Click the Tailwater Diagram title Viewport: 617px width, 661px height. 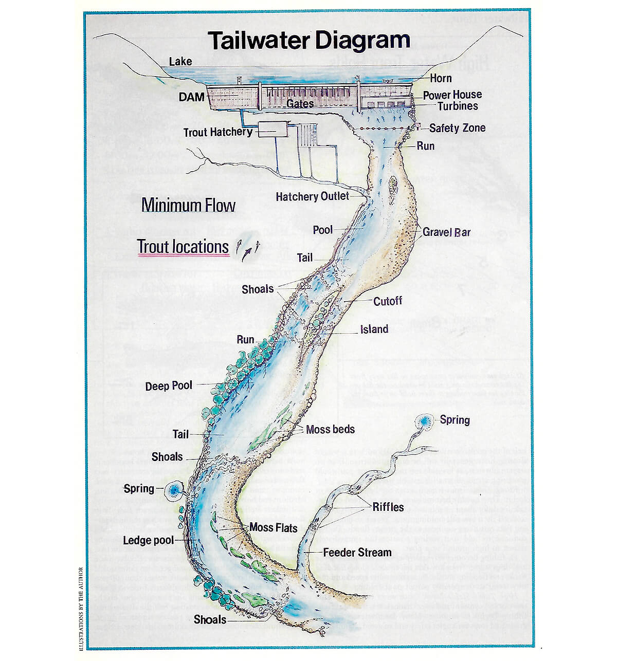[x=308, y=40]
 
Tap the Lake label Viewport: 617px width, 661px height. [x=180, y=62]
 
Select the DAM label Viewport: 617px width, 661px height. [x=192, y=97]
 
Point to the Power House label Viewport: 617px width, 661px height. [x=452, y=95]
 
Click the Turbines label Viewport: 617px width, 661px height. [x=457, y=106]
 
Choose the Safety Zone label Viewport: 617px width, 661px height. [x=457, y=128]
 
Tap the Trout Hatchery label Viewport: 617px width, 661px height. [x=218, y=132]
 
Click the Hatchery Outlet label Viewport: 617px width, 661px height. [x=312, y=196]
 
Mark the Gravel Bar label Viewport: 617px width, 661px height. [x=446, y=232]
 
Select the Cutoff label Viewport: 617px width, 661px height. [x=388, y=301]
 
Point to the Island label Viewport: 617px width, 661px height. [x=374, y=329]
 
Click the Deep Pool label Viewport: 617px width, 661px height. [x=169, y=386]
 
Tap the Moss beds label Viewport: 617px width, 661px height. [x=330, y=429]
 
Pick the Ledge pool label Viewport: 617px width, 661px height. [x=148, y=540]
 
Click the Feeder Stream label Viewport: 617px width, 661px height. [x=357, y=553]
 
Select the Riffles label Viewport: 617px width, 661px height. [x=388, y=507]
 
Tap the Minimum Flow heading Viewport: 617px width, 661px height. [x=188, y=206]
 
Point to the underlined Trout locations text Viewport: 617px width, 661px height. [x=183, y=247]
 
